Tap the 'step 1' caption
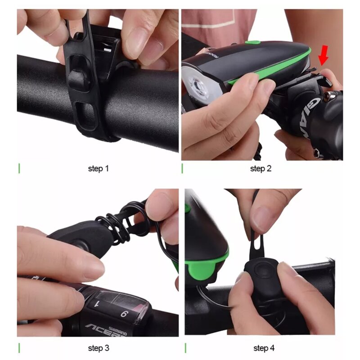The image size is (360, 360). click(98, 169)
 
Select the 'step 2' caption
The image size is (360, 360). click(261, 169)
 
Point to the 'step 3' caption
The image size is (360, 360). click(98, 348)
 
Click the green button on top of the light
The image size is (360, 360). click(252, 43)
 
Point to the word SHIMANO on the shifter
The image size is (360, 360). click(117, 332)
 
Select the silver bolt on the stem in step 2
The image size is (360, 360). click(331, 95)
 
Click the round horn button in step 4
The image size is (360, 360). click(261, 271)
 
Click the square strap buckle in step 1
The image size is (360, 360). click(77, 80)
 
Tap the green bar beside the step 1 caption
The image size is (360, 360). click(19, 169)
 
